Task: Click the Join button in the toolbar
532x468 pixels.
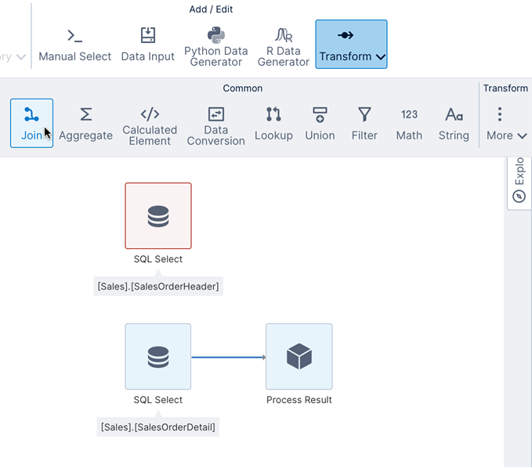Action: (x=31, y=123)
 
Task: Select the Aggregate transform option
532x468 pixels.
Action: (x=85, y=123)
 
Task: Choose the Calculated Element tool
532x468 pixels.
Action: (x=150, y=124)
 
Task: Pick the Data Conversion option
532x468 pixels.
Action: (x=216, y=124)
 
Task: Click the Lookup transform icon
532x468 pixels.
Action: (x=273, y=123)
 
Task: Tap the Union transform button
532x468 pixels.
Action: (x=320, y=123)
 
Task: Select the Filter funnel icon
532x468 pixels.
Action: (x=364, y=123)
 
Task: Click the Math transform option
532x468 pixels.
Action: (x=409, y=123)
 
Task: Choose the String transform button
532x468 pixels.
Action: (x=454, y=123)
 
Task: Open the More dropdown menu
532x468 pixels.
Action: (x=506, y=124)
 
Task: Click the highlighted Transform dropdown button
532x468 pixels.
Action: (x=351, y=45)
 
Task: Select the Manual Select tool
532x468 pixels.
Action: (x=74, y=45)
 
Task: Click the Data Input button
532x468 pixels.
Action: (x=148, y=45)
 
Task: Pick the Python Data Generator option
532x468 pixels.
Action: (x=215, y=45)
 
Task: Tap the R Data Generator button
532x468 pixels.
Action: (x=284, y=45)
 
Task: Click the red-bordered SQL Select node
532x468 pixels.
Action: (x=158, y=216)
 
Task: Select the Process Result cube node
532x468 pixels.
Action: (x=299, y=357)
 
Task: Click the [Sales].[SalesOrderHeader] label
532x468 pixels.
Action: (x=158, y=286)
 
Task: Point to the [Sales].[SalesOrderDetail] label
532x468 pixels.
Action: (x=158, y=427)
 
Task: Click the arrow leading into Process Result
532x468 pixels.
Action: (x=229, y=358)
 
